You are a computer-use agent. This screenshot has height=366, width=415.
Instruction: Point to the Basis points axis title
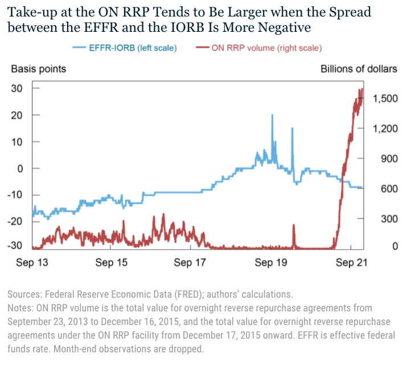point(39,69)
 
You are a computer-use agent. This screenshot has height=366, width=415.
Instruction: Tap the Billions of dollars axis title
point(359,69)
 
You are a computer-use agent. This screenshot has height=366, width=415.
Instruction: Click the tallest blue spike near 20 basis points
point(272,116)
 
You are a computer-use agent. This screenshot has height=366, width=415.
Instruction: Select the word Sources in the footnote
point(24,294)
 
